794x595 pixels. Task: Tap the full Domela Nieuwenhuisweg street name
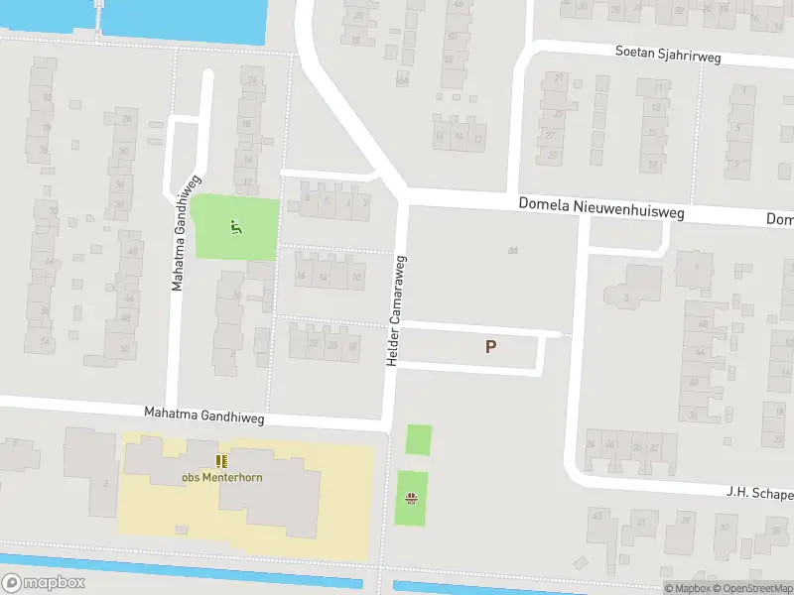coord(601,209)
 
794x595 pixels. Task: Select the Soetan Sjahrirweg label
coord(667,55)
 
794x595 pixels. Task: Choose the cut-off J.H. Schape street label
coord(758,493)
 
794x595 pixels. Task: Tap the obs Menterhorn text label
coord(221,477)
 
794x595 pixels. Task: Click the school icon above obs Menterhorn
coord(221,460)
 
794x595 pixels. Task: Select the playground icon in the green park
coord(235,227)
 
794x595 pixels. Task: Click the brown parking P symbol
coord(490,347)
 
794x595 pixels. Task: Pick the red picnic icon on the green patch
coord(410,499)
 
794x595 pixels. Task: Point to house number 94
coord(513,250)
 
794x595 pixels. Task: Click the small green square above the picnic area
coord(419,439)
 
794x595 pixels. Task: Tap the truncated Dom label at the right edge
coord(779,218)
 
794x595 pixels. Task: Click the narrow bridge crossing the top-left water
coord(98,20)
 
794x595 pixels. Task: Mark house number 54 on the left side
coord(44,340)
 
